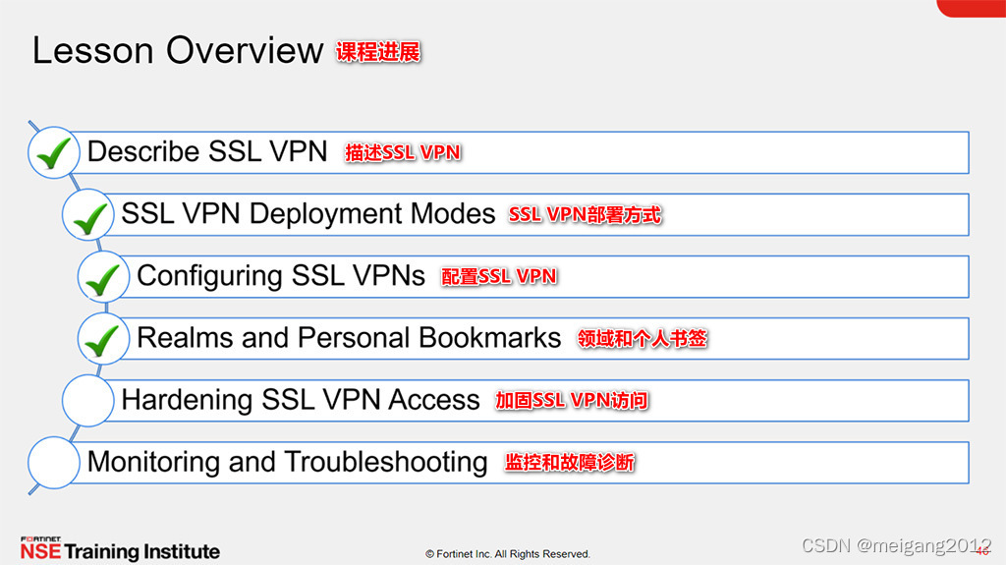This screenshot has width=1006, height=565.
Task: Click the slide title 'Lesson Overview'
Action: [x=177, y=50]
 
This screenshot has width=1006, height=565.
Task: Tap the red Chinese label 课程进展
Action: [x=378, y=52]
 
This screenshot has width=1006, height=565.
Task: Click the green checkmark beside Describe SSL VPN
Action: [x=54, y=153]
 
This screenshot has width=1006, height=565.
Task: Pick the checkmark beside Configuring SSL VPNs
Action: [x=104, y=277]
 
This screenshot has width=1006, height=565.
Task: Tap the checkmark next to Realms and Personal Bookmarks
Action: [x=104, y=339]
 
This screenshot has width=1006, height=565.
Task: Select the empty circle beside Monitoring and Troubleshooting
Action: [x=54, y=462]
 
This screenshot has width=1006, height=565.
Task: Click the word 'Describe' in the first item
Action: [x=143, y=152]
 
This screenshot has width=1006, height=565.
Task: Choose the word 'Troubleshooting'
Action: [x=388, y=462]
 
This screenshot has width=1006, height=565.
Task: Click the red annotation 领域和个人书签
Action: [x=643, y=339]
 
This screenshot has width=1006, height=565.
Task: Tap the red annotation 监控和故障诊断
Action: [x=570, y=462]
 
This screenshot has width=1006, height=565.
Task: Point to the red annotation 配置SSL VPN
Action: [x=499, y=277]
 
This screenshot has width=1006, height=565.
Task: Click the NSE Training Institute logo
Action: [x=120, y=549]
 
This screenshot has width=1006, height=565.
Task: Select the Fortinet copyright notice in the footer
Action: [x=507, y=554]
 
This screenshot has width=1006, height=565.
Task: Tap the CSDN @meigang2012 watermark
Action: [x=896, y=546]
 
